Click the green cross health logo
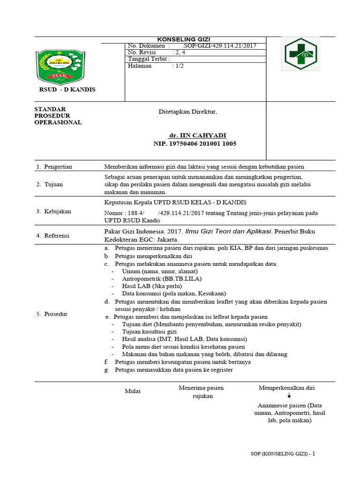300,54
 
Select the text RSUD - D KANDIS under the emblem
67,90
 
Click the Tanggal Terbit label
149,59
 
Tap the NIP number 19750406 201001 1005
195,143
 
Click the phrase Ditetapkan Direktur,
187,112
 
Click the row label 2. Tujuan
49,184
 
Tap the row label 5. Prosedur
52,314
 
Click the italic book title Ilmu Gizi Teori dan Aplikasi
229,231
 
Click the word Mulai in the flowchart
132,391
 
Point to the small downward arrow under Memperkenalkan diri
289,396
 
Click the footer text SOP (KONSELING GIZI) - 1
283,454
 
